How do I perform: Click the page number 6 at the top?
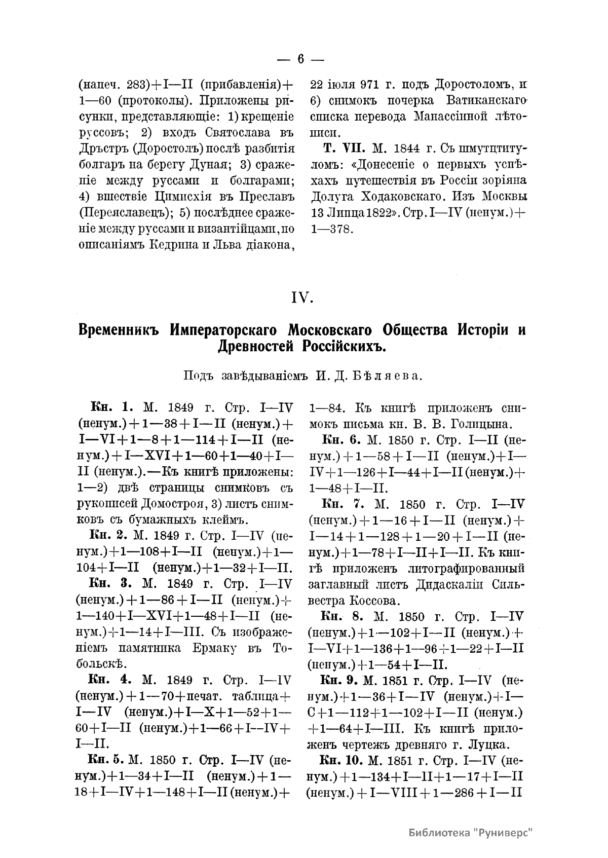coord(300,59)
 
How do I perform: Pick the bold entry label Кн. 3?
coord(110,583)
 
